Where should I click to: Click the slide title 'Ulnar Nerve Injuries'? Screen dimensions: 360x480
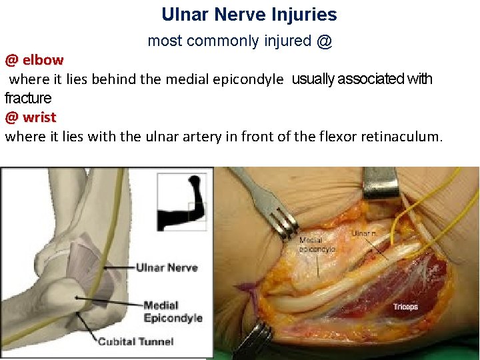(x=249, y=15)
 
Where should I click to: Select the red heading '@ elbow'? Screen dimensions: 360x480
(x=34, y=60)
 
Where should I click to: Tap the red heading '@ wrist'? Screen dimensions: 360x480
(x=31, y=118)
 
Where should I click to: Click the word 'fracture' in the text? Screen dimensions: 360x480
(x=28, y=99)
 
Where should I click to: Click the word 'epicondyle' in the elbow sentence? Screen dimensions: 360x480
(x=247, y=80)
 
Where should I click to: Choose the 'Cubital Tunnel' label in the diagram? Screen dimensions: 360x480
(x=135, y=342)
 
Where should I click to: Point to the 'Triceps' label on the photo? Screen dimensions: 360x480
(x=405, y=307)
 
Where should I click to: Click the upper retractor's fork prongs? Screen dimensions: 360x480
(x=286, y=223)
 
